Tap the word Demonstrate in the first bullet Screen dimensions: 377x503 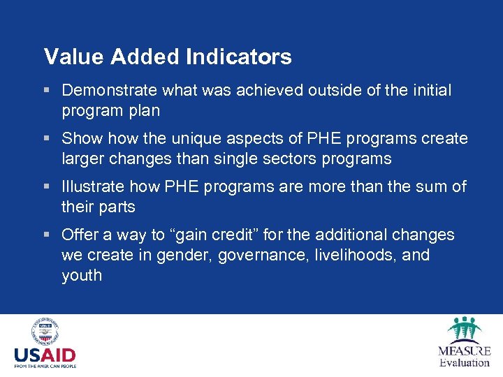(x=110, y=91)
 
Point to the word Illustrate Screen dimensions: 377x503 (x=89, y=187)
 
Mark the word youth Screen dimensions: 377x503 (x=82, y=276)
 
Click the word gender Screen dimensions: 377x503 (x=186, y=256)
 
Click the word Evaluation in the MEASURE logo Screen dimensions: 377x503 (x=465, y=362)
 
